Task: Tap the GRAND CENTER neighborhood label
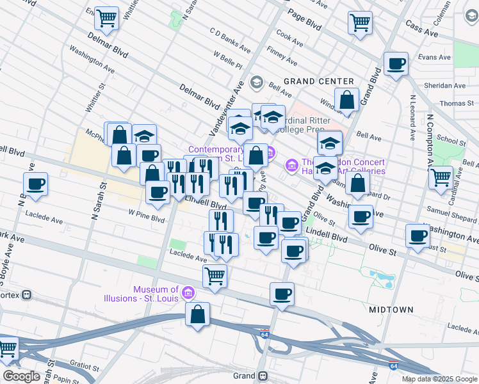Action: (319, 81)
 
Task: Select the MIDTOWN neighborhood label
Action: (391, 310)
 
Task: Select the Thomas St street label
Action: (456, 104)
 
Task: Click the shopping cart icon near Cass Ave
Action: (361, 22)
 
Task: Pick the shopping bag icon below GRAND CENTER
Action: (346, 100)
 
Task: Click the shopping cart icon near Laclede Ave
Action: (215, 276)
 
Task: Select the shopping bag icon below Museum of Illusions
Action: (198, 314)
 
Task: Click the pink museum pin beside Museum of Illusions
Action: (188, 294)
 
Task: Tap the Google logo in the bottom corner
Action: (21, 376)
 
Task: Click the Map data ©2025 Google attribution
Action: (439, 379)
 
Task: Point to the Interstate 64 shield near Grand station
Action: (264, 334)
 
